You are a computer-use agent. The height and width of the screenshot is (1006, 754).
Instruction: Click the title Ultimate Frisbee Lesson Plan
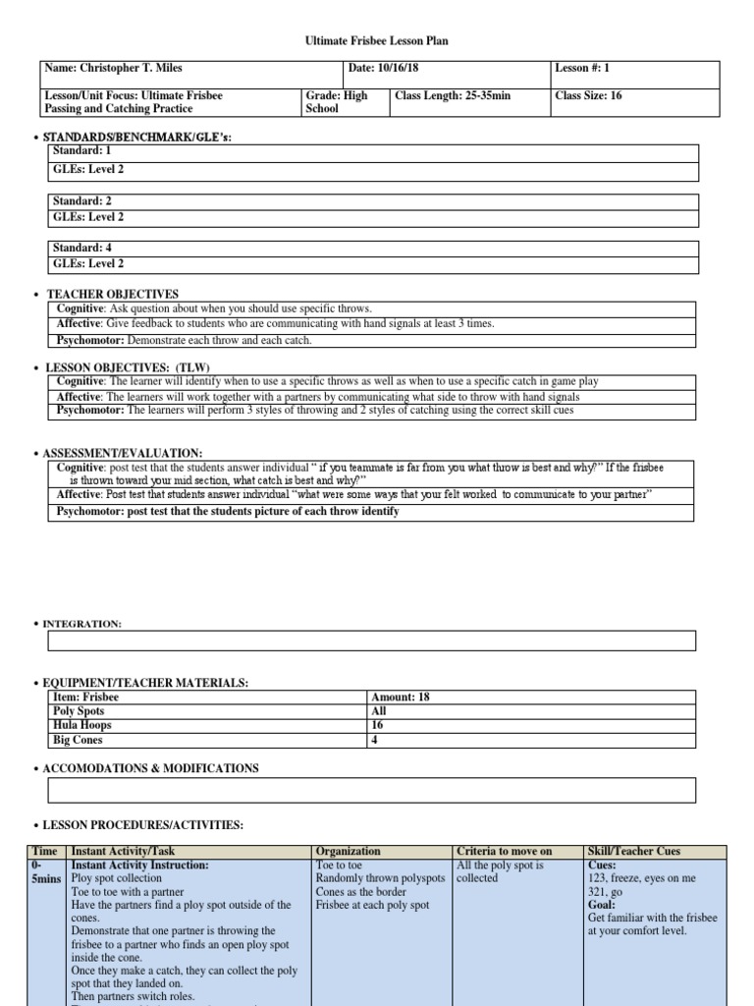coord(377,41)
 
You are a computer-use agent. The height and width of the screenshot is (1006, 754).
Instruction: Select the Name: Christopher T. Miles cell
coord(191,75)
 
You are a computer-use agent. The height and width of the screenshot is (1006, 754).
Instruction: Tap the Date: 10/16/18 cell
coord(447,75)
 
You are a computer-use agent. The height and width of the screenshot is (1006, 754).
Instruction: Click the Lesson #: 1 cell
coord(634,75)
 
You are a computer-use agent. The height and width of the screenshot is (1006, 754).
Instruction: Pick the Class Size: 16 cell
coord(634,102)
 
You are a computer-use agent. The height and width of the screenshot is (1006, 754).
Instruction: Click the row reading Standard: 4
coord(373,249)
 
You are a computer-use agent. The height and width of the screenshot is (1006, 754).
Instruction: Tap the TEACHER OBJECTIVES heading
coord(113,294)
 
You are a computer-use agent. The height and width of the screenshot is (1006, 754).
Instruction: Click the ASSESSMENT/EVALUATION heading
coord(123,453)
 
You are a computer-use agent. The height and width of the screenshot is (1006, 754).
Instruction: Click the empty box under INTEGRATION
coord(372,641)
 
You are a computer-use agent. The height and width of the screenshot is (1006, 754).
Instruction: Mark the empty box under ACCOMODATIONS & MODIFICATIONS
coord(372,790)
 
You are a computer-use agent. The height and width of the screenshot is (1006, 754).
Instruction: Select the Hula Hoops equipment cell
coord(206,725)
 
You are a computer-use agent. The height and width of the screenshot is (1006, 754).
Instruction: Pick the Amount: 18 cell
coord(530,697)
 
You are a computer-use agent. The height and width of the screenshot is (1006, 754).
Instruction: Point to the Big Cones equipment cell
coord(206,740)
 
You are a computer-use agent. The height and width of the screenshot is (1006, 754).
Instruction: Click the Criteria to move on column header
coord(504,851)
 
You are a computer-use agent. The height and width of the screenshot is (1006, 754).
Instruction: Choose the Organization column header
coord(349,851)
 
